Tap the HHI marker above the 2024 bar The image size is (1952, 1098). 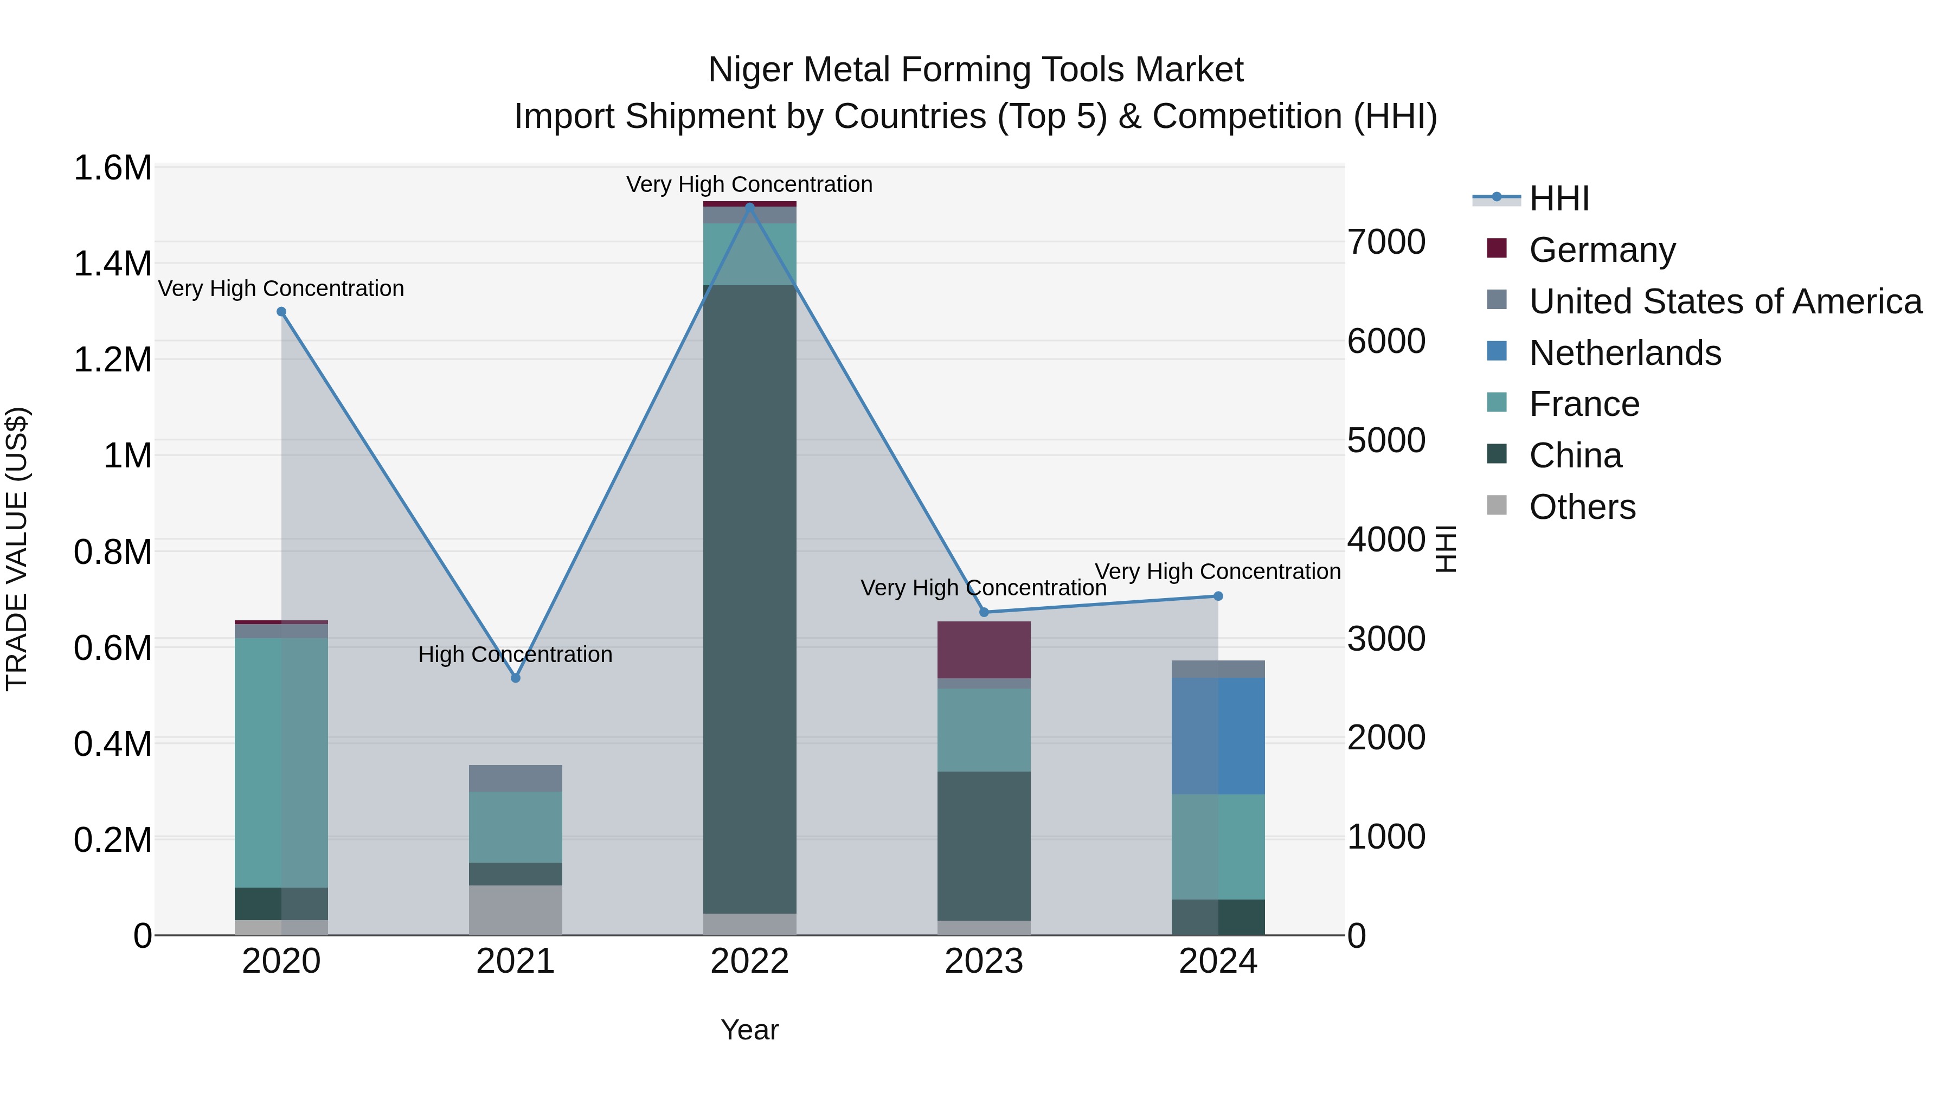tap(1218, 596)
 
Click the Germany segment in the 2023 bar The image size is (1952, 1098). tap(984, 650)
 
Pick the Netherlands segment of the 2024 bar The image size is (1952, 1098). tap(1218, 736)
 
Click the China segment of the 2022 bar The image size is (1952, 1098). tap(749, 599)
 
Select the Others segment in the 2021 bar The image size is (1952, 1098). tap(515, 909)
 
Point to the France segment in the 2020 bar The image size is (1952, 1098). tap(281, 762)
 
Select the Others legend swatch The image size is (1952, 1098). tap(1497, 505)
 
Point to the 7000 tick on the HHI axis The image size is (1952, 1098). tap(1386, 242)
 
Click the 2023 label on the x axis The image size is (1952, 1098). tap(984, 961)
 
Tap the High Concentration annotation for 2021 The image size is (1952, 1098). tap(515, 654)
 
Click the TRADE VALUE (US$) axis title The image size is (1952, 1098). tap(17, 549)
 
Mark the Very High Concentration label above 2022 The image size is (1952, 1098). tap(749, 185)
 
